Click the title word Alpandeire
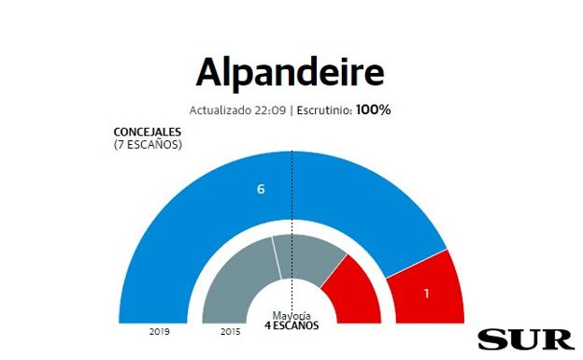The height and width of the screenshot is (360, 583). [291, 73]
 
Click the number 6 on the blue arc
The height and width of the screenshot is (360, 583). [262, 189]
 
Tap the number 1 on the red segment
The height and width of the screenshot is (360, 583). [426, 294]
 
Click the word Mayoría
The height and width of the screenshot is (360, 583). [291, 315]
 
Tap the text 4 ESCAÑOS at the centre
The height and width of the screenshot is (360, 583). [291, 325]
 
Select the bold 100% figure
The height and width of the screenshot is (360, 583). [373, 109]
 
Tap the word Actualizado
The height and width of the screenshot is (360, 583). [220, 110]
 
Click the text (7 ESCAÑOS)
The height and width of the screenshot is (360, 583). [148, 144]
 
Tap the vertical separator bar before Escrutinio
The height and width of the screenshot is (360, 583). [291, 110]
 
